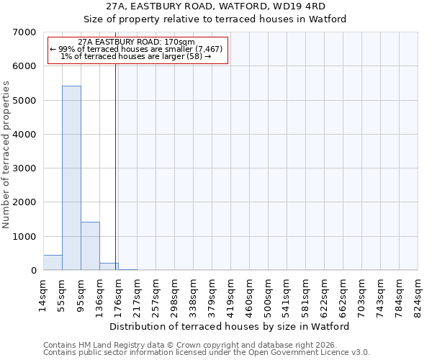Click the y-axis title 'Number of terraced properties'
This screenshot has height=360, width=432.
point(7,154)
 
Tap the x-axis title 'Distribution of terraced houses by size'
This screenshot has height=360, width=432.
point(230,326)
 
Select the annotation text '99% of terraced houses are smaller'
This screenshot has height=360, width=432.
point(137,49)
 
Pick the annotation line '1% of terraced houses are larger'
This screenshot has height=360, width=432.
point(137,56)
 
